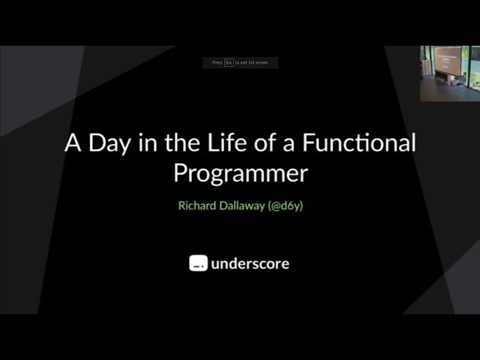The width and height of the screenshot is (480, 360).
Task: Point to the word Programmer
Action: coord(240,173)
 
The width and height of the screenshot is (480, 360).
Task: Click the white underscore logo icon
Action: coord(198,263)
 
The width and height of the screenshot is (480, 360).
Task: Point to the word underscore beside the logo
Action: coord(250,263)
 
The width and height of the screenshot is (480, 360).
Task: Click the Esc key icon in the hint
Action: coord(229,63)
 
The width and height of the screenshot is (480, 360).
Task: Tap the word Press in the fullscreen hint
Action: coord(217,63)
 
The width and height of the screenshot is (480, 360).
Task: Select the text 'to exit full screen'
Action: coord(251,63)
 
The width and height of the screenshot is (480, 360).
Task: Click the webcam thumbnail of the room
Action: coord(449,73)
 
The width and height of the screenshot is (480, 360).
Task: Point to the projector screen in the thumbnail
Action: coord(448,60)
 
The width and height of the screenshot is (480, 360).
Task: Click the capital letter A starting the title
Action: coord(73,143)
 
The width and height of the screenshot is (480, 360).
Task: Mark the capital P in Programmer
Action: coord(181,173)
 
